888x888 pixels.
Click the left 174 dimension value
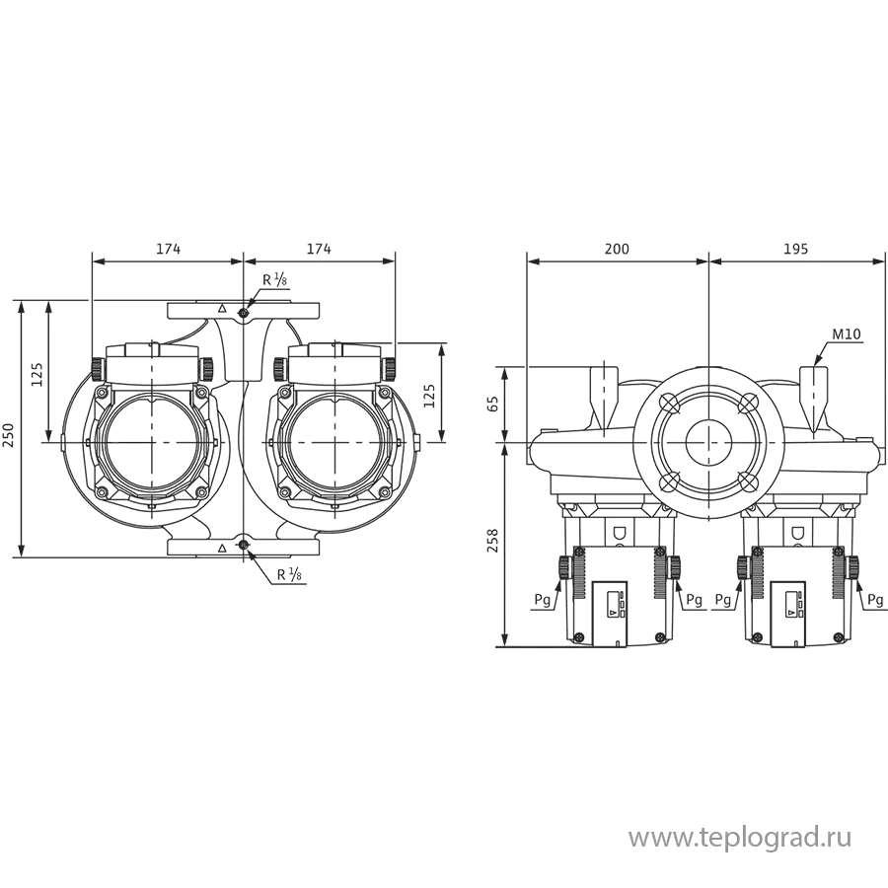coord(168,250)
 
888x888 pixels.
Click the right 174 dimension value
coord(318,250)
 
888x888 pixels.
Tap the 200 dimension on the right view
coord(616,250)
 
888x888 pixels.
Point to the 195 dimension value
coord(794,250)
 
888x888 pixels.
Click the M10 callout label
coord(847,335)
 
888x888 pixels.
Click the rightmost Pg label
coord(875,599)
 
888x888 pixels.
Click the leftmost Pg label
coord(540,599)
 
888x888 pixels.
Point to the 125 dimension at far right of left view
coord(430,395)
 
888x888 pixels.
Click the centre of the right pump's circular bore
coord(333,441)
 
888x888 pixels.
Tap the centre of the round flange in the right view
coord(707,441)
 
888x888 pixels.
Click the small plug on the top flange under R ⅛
coord(244,312)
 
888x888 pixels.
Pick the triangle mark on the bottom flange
coord(222,546)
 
